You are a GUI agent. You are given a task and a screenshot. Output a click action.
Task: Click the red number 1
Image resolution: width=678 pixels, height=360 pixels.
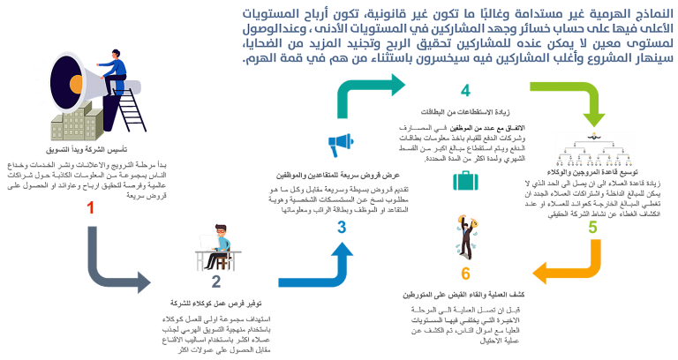(x=90, y=208)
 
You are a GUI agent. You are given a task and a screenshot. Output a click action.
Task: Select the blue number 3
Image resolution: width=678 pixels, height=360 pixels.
(x=342, y=228)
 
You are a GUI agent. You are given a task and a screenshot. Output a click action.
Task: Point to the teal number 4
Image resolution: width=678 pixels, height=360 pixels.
(x=465, y=91)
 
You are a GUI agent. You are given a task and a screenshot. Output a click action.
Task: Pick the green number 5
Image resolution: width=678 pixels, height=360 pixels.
(x=592, y=227)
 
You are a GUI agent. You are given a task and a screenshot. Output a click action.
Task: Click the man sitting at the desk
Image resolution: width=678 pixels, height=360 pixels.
(x=216, y=247)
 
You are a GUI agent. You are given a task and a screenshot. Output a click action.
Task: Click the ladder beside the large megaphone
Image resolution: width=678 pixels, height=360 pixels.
(x=128, y=106)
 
